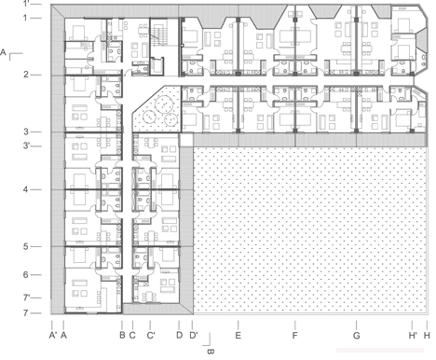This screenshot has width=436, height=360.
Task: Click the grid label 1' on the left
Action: click(x=26, y=4)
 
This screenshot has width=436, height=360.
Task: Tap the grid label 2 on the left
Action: click(x=26, y=75)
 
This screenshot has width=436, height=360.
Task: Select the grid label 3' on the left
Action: click(x=26, y=145)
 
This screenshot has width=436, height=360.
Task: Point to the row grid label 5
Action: click(x=26, y=246)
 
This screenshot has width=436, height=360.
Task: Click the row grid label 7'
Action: click(x=26, y=298)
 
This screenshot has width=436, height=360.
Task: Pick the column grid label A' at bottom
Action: click(x=53, y=336)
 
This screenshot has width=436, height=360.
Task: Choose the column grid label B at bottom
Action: click(x=122, y=336)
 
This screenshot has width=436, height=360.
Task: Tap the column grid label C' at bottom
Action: click(x=151, y=336)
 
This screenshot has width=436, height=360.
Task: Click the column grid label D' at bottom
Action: click(x=194, y=336)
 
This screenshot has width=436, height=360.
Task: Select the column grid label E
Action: click(x=238, y=336)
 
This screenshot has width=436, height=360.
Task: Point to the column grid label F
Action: click(x=295, y=336)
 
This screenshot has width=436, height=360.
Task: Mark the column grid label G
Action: click(x=357, y=336)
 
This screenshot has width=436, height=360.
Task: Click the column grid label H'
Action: click(x=413, y=336)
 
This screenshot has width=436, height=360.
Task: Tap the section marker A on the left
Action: click(x=3, y=52)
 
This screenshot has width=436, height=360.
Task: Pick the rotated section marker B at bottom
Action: click(x=211, y=352)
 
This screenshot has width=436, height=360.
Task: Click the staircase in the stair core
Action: click(x=159, y=36)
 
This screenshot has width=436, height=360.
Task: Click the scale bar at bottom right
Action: click(x=380, y=350)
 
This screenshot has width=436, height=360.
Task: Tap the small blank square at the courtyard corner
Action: click(x=186, y=140)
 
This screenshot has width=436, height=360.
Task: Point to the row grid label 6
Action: click(x=26, y=274)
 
